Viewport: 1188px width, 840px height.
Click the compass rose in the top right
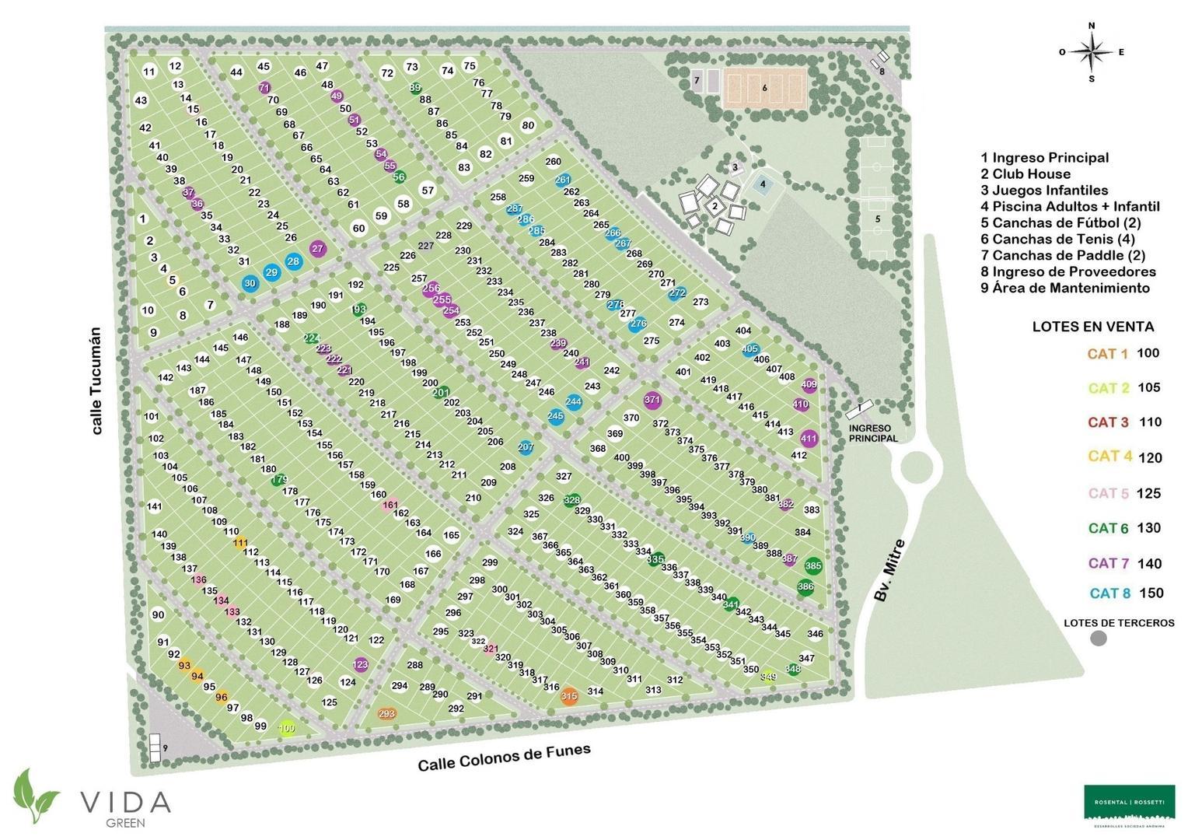pos(1092,52)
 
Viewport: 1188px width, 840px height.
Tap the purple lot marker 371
pos(652,400)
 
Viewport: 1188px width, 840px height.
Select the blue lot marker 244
pos(573,402)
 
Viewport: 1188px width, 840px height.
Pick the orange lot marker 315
pos(569,696)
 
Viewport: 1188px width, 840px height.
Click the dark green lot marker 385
pos(813,565)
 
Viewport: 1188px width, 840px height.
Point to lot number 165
pos(451,535)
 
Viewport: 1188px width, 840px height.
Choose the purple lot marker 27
pos(317,249)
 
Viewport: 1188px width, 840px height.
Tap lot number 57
pos(428,191)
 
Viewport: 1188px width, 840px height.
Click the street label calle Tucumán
pos(96,380)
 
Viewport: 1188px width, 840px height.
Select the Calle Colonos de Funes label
pos(504,757)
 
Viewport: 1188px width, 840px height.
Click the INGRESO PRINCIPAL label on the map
pos(873,433)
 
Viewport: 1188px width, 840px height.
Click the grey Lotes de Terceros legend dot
pos(1099,639)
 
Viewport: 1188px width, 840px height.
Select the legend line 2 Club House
pos(1026,174)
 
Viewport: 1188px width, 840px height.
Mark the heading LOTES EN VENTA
pos(1092,327)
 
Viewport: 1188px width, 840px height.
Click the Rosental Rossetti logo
pos(1130,802)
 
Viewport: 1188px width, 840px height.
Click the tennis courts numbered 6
pos(765,88)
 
